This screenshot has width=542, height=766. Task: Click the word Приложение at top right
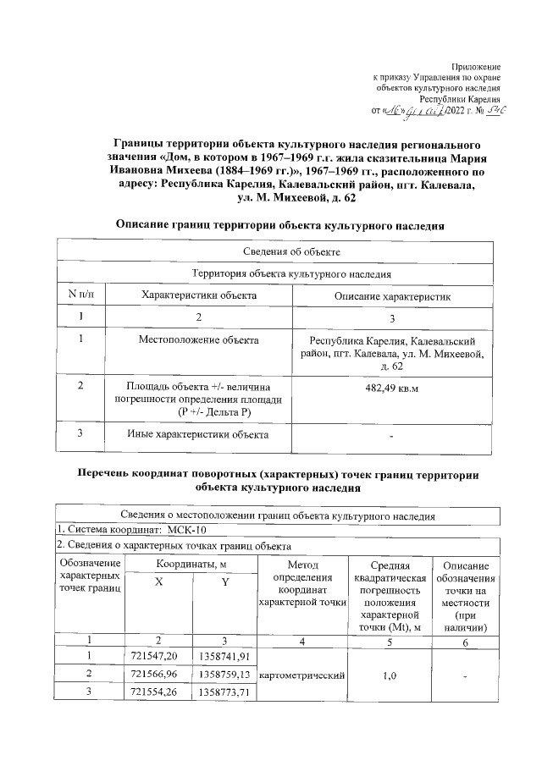coord(476,66)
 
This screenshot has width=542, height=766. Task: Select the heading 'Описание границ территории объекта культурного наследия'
coord(279,226)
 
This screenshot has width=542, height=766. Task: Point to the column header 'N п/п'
coord(75,295)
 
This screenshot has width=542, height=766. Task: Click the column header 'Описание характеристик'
coord(391,296)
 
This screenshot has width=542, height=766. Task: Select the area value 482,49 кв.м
coord(391,387)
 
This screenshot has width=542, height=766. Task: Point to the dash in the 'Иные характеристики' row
coord(391,437)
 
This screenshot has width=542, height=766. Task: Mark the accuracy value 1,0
coord(390,675)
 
